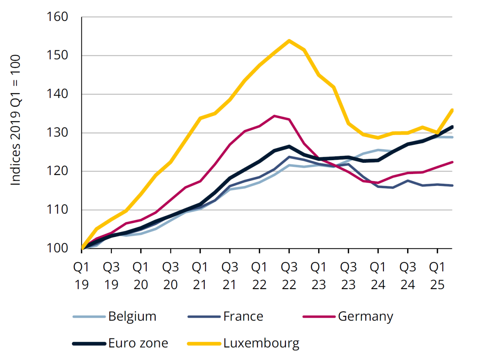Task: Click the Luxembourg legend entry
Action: (x=261, y=343)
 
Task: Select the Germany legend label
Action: (x=365, y=316)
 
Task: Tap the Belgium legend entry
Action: (x=132, y=316)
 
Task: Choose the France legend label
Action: (x=243, y=316)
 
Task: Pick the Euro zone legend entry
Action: (x=138, y=343)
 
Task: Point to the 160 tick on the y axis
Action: (x=57, y=17)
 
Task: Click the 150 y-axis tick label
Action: (x=57, y=55)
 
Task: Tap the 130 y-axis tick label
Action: (x=57, y=132)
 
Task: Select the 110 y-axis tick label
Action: (x=57, y=210)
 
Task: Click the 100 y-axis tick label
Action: (x=57, y=248)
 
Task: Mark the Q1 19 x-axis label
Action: (x=81, y=276)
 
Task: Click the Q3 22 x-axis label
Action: (x=289, y=276)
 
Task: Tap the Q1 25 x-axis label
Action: (x=437, y=276)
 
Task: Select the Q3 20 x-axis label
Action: (x=170, y=276)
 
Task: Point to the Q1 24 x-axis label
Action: (x=378, y=276)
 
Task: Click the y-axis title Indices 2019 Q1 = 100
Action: (x=15, y=120)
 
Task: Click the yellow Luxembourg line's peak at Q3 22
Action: (x=289, y=40)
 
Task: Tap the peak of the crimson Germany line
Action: (x=274, y=116)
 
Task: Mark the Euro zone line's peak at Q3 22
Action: (x=289, y=146)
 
